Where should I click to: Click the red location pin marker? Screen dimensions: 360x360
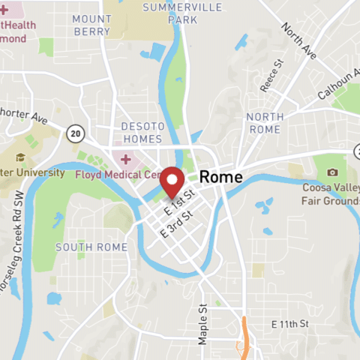pyautogui.click(x=173, y=181)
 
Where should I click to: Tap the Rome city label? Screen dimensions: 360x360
pyautogui.click(x=221, y=178)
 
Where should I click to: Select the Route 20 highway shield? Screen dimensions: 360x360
pyautogui.click(x=74, y=133)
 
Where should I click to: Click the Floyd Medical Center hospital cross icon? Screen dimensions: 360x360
pyautogui.click(x=125, y=160)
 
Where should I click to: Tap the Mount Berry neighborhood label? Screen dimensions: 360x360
pyautogui.click(x=92, y=25)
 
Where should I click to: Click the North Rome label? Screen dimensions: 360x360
pyautogui.click(x=265, y=122)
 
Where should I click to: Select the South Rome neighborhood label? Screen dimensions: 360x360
pyautogui.click(x=91, y=247)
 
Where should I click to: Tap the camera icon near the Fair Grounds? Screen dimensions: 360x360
pyautogui.click(x=331, y=172)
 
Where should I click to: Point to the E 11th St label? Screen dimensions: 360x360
pyautogui.click(x=290, y=324)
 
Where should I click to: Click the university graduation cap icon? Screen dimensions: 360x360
pyautogui.click(x=21, y=158)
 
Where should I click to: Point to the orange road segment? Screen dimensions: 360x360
pyautogui.click(x=244, y=335)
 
